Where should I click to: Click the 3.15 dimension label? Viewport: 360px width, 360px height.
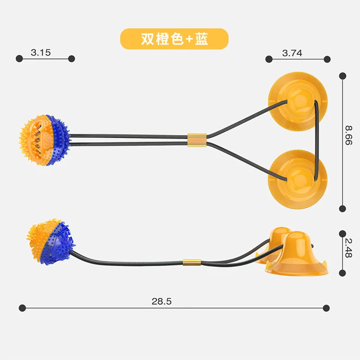point(41,53)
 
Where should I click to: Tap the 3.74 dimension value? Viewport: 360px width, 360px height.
point(292,53)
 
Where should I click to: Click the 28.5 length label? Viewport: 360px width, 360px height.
point(162,301)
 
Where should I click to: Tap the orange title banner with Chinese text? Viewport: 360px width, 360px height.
point(174,39)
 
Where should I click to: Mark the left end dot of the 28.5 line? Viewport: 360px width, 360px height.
point(21,308)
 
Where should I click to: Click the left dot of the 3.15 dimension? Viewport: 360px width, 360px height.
point(19,58)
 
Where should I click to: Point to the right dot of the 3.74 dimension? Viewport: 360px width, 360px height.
point(327,59)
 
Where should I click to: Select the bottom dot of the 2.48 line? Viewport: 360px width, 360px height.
point(342,273)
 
